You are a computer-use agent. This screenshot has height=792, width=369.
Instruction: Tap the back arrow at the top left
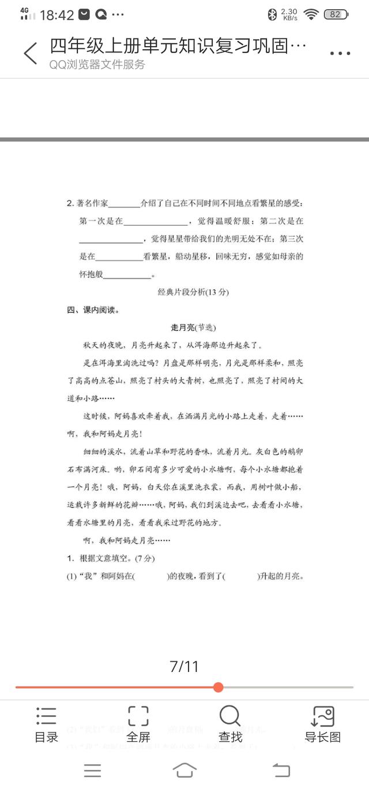[31, 53]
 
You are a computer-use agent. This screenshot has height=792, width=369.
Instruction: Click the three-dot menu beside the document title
[340, 54]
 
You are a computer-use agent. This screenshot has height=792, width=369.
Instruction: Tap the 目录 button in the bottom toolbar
[46, 724]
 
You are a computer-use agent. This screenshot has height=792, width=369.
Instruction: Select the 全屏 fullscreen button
[138, 724]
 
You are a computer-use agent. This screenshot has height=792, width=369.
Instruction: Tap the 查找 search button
[230, 724]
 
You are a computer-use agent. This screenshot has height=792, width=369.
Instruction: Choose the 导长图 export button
[322, 724]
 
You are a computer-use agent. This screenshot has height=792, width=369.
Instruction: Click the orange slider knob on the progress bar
[218, 687]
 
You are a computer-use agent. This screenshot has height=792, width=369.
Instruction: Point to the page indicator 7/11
[184, 667]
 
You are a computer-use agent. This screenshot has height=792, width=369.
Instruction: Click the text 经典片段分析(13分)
[193, 292]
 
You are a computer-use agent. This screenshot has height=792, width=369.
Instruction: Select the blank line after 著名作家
[124, 204]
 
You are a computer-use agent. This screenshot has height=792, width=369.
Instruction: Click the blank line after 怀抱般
[127, 275]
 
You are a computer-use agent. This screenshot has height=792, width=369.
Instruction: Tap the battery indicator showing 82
[335, 14]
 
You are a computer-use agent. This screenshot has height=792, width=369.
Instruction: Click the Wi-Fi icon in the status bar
[311, 14]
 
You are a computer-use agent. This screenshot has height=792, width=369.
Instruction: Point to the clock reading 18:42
[57, 15]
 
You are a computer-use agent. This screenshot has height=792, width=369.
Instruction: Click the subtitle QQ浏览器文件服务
[97, 65]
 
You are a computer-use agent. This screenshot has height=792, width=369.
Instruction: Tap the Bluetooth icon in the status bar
[272, 14]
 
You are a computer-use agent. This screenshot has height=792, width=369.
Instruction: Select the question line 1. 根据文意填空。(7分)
[111, 558]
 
